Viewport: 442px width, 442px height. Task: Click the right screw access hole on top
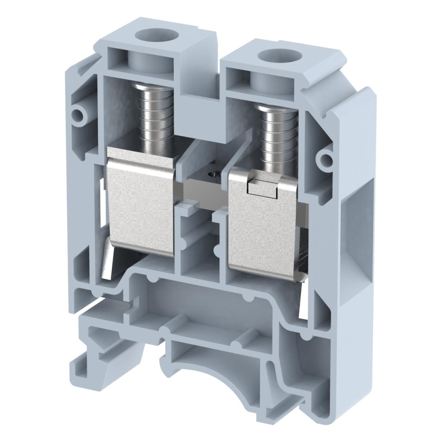(x=271, y=56)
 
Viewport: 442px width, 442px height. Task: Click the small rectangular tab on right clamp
(x=261, y=188)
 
